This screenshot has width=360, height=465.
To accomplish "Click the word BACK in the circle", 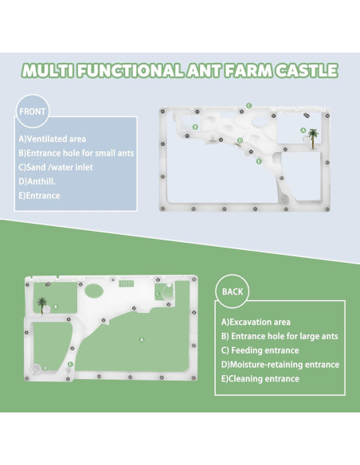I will [x=233, y=292].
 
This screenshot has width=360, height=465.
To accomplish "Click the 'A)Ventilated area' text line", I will [x=53, y=139].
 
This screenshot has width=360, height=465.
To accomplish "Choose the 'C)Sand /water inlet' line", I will [x=57, y=166].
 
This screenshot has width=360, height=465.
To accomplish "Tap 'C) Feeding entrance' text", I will [x=260, y=350].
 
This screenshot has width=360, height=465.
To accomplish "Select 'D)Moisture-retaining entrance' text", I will [x=280, y=365].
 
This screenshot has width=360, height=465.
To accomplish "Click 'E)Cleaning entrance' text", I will [x=260, y=379].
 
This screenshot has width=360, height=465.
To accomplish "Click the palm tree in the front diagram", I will [x=313, y=136].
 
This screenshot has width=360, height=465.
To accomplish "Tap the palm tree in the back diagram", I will [x=42, y=303].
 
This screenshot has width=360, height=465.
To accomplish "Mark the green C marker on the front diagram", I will [x=248, y=105].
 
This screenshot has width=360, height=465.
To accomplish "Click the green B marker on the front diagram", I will [x=195, y=127].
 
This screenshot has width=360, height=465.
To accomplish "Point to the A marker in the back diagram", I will [x=142, y=338].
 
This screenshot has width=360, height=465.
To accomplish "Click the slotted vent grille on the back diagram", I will [x=126, y=283].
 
